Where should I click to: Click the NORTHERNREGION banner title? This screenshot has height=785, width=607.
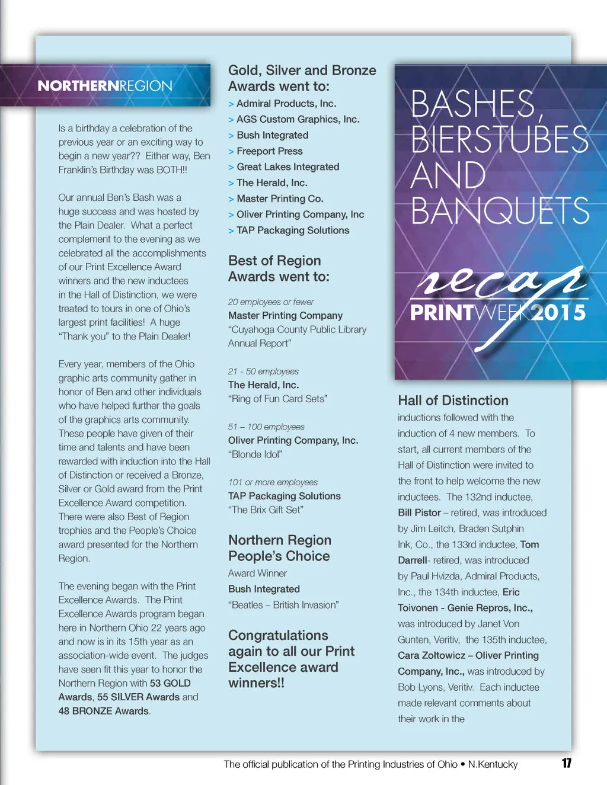tap(105, 86)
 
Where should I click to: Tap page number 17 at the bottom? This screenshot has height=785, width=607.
tap(567, 763)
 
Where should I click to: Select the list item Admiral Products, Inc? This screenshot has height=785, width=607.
tap(286, 104)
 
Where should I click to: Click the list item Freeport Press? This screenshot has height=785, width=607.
tap(269, 151)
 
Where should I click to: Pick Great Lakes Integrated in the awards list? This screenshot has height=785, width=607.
tap(287, 167)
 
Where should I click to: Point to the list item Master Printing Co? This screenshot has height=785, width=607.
tap(279, 199)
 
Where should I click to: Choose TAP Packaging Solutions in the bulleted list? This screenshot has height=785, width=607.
tap(292, 230)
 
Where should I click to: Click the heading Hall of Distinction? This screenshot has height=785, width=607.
tap(453, 400)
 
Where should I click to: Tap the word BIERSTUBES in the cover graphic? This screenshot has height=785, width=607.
tap(499, 140)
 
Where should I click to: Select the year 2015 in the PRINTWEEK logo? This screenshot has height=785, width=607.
tap(558, 313)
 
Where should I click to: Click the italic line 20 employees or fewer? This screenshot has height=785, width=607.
tap(271, 302)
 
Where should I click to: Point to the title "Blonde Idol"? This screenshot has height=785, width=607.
tap(255, 454)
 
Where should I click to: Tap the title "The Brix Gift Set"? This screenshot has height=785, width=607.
tap(266, 510)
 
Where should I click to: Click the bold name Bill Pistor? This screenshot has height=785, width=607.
tap(419, 512)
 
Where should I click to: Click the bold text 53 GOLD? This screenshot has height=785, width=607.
tap(170, 683)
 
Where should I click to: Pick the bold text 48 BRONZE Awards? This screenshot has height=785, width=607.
tap(103, 711)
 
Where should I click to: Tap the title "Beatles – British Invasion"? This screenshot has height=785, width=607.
tap(283, 605)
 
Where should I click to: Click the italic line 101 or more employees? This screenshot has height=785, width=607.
tap(273, 482)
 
